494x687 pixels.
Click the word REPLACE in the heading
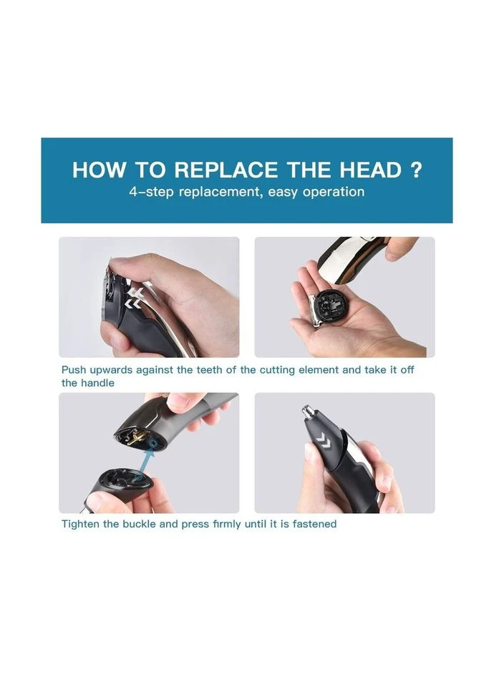pos(226,170)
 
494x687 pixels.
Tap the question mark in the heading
pos(417,170)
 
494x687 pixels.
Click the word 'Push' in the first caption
pos(74,370)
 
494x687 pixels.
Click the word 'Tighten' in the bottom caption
pos(81,524)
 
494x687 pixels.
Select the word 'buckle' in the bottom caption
pos(140,524)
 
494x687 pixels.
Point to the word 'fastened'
pos(314,524)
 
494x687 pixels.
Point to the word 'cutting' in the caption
pos(278,370)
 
